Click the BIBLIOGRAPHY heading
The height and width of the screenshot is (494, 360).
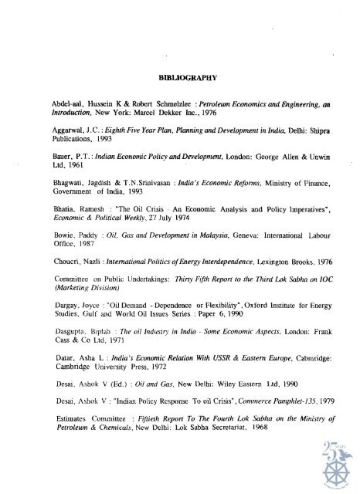point(179,79)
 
